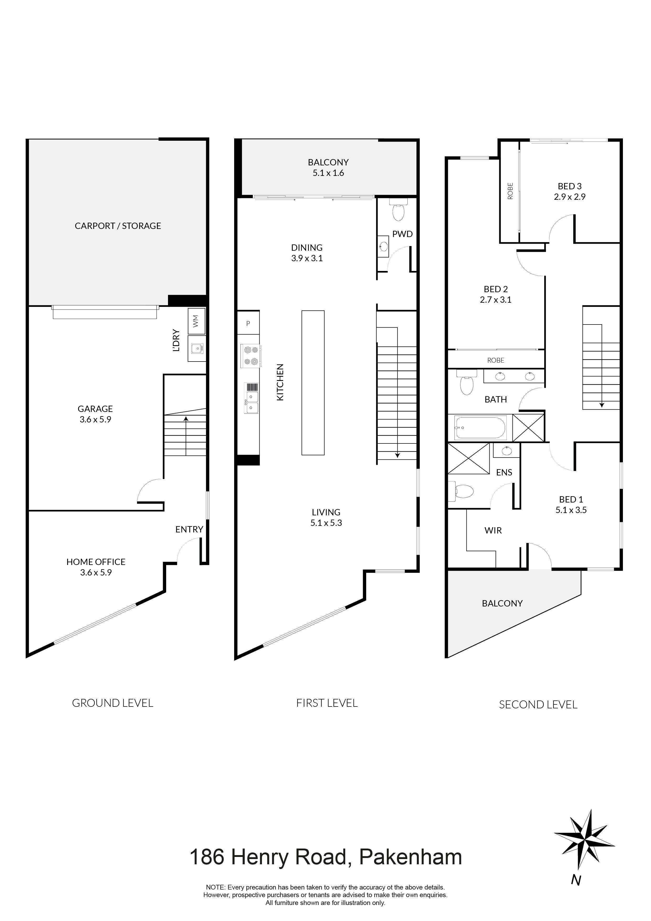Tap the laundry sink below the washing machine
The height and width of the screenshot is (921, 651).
tap(197, 348)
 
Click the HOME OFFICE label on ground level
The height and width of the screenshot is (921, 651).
tap(96, 562)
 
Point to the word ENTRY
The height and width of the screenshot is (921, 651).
tap(189, 530)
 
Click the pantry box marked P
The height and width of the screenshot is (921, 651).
tap(248, 323)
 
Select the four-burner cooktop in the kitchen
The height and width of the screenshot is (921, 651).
tap(250, 355)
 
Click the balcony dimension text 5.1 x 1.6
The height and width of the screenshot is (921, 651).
tap(328, 173)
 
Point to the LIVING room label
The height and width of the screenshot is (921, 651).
tap(326, 512)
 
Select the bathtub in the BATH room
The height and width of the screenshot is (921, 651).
tap(480, 428)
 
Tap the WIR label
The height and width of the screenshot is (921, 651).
tap(493, 531)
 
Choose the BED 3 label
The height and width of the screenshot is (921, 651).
tap(570, 186)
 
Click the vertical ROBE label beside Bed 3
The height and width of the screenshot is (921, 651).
tap(510, 191)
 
